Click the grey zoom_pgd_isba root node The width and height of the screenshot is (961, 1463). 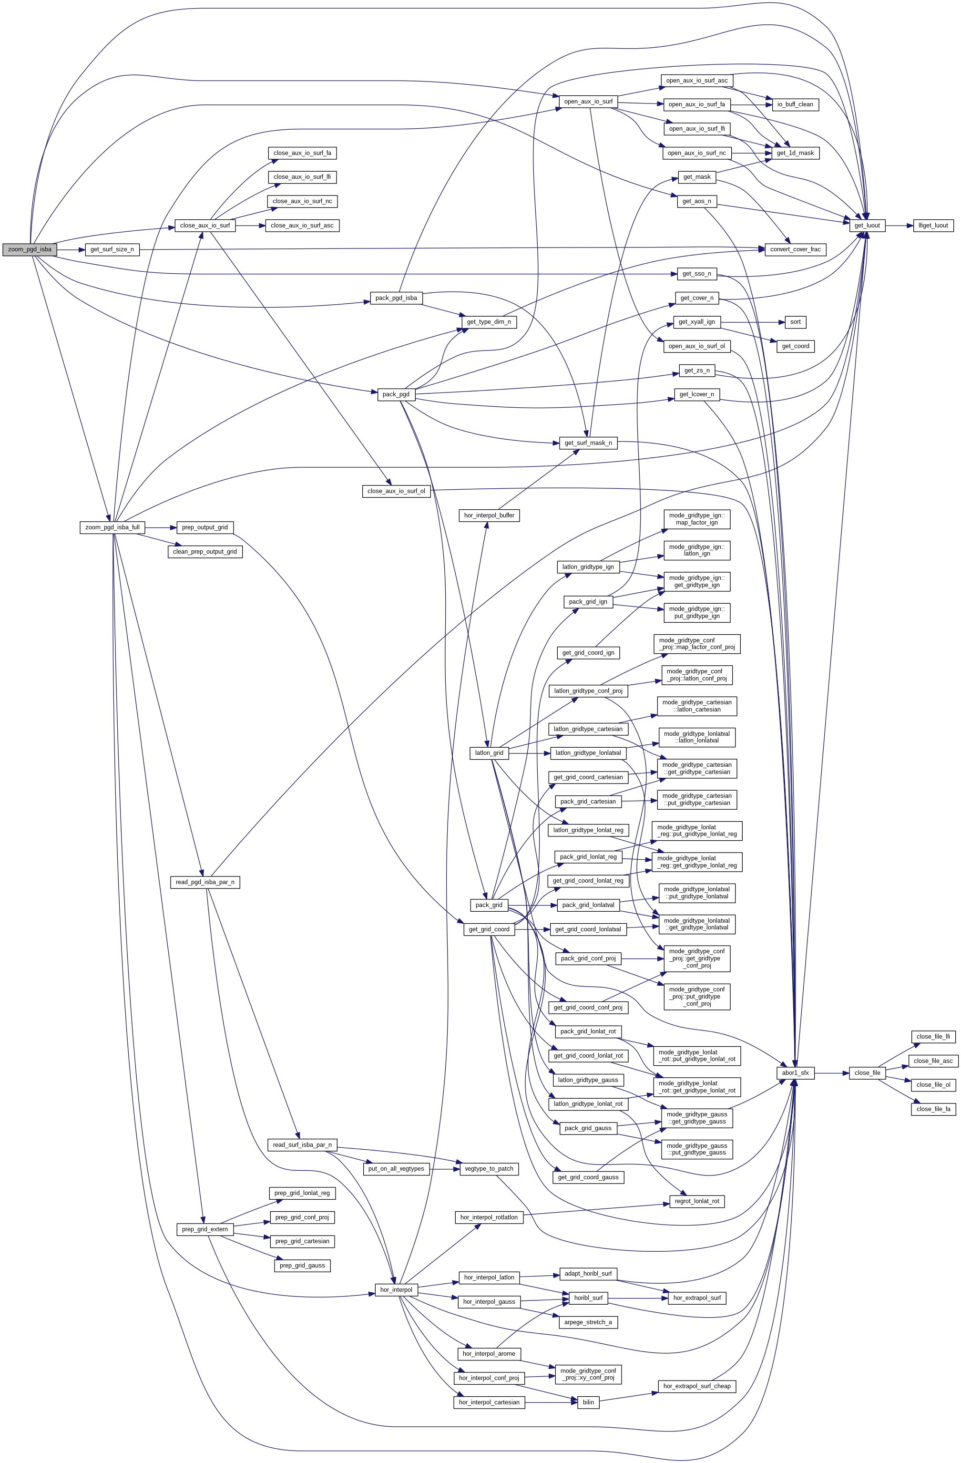30,249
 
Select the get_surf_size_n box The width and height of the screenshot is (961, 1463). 112,249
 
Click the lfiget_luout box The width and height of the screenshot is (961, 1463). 933,226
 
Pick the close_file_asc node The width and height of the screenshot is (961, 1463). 933,1061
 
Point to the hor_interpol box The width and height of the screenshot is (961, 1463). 396,1289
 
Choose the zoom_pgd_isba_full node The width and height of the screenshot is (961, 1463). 112,527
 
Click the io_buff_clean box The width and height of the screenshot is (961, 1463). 795,104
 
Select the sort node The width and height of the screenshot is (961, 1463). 795,322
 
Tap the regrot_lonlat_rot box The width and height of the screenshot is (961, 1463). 697,1201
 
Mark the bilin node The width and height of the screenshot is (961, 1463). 588,1401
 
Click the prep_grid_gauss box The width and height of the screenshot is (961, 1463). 302,1265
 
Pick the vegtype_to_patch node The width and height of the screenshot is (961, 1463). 489,1169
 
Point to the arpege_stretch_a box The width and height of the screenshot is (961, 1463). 588,1322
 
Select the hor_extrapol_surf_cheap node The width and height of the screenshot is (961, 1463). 697,1386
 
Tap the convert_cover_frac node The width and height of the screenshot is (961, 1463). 795,249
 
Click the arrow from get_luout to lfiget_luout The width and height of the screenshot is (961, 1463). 899,226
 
